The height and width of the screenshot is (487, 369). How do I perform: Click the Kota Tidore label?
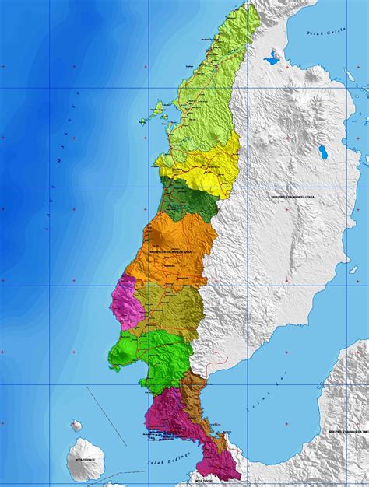click(x=226, y=481)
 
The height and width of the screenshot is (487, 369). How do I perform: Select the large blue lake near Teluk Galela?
click(x=272, y=56)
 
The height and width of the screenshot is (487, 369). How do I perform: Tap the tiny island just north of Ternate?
click(x=76, y=426)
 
